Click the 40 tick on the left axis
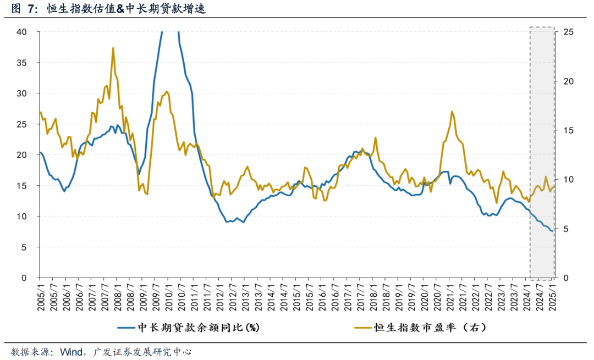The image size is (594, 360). [x=21, y=32]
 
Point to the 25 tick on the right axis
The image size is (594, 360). [x=568, y=32]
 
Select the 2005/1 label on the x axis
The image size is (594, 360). [x=40, y=297]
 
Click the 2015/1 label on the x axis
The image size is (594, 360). [x=297, y=297]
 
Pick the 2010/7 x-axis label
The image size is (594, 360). [x=182, y=297]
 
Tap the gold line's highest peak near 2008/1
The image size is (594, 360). [x=113, y=48]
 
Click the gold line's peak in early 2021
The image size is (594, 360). [x=452, y=112]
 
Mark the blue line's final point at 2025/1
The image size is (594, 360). [x=553, y=231]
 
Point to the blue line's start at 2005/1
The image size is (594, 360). [x=40, y=152]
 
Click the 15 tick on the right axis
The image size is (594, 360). [x=568, y=130]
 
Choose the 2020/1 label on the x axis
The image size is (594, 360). [x=425, y=297]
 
